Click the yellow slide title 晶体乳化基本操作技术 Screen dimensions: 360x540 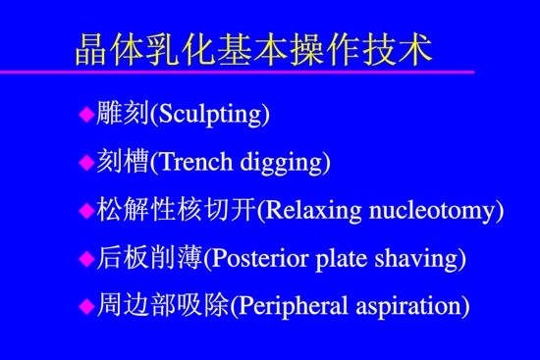coord(252,47)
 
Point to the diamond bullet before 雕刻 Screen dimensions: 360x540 coord(84,114)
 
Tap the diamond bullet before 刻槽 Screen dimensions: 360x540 coord(84,162)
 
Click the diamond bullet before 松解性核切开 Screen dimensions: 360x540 coord(84,209)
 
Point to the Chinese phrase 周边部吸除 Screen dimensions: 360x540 coord(163,306)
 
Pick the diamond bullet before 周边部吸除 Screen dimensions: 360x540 coord(84,305)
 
